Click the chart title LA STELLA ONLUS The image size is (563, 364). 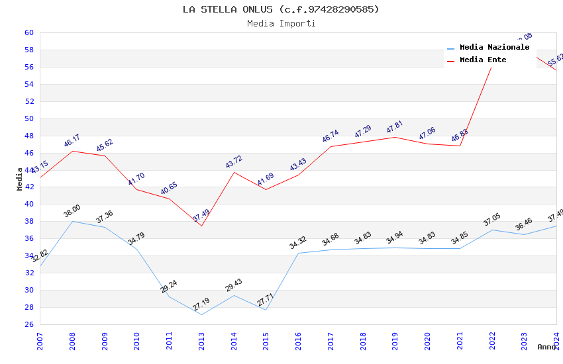(x=281, y=9)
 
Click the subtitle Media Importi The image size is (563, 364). (x=281, y=24)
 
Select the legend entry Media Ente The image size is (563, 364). (x=483, y=60)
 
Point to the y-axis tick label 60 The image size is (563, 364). (x=28, y=32)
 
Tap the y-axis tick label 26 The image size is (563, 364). (x=28, y=324)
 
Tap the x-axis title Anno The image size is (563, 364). (x=546, y=347)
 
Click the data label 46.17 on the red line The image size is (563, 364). (x=72, y=140)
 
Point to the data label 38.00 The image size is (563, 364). (x=72, y=211)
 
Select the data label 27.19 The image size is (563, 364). (x=201, y=304)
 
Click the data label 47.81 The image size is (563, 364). (x=395, y=126)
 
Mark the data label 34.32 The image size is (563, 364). (x=298, y=243)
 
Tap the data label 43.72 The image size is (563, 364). (x=233, y=161)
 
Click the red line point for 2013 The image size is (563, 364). (x=201, y=226)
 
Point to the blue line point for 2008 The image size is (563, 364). (x=72, y=221)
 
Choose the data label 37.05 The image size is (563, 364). (x=492, y=219)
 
